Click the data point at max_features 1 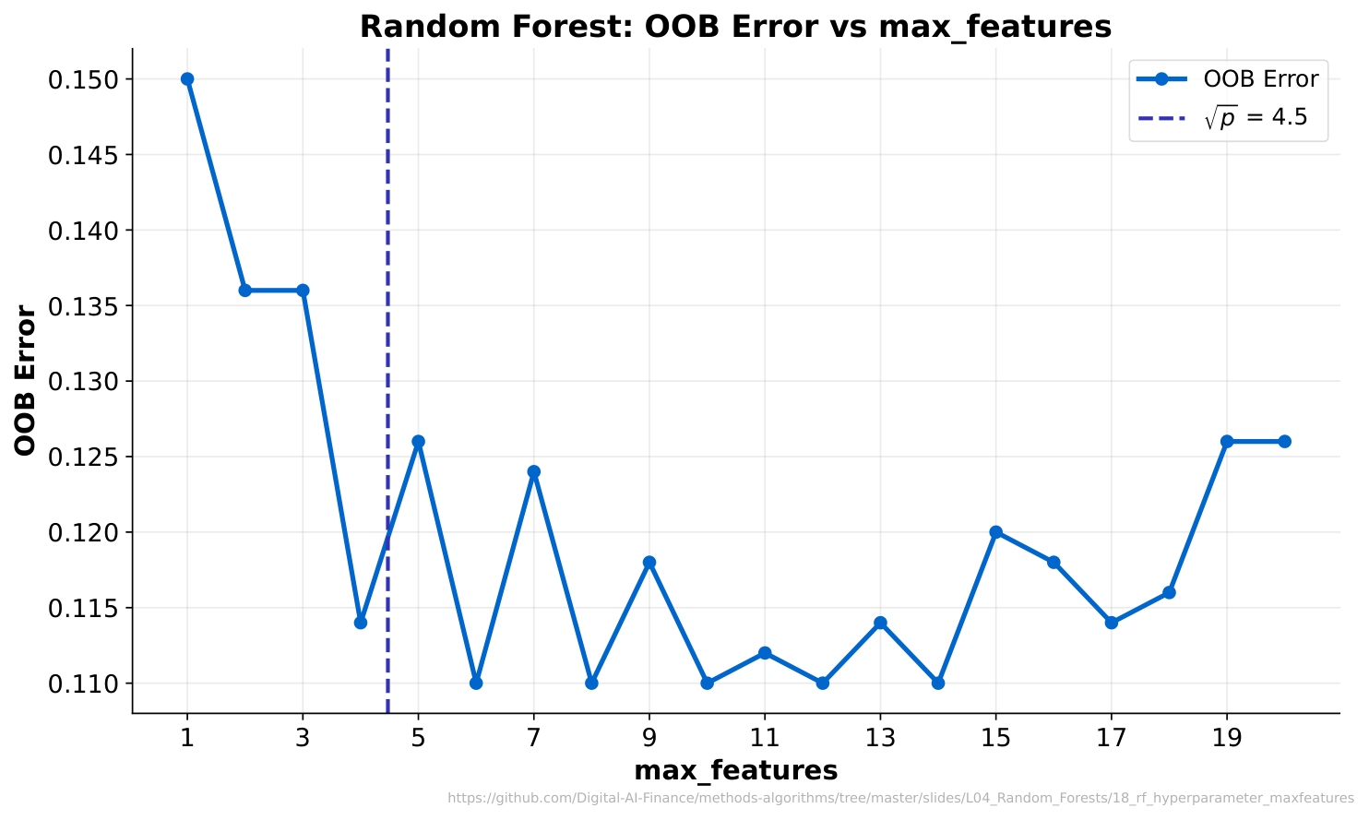(x=187, y=79)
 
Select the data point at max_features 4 (x=361, y=623)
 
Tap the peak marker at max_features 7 (x=533, y=471)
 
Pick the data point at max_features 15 (x=995, y=532)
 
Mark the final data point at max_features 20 (x=1285, y=441)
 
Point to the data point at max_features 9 (x=649, y=562)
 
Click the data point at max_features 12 (x=823, y=683)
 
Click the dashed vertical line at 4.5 (x=388, y=381)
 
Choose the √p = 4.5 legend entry (x=1222, y=117)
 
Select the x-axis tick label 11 (x=765, y=739)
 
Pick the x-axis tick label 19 (x=1227, y=739)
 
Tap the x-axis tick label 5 (x=418, y=739)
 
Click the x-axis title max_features (x=736, y=771)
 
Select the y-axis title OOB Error (x=25, y=380)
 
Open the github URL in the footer (x=901, y=798)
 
